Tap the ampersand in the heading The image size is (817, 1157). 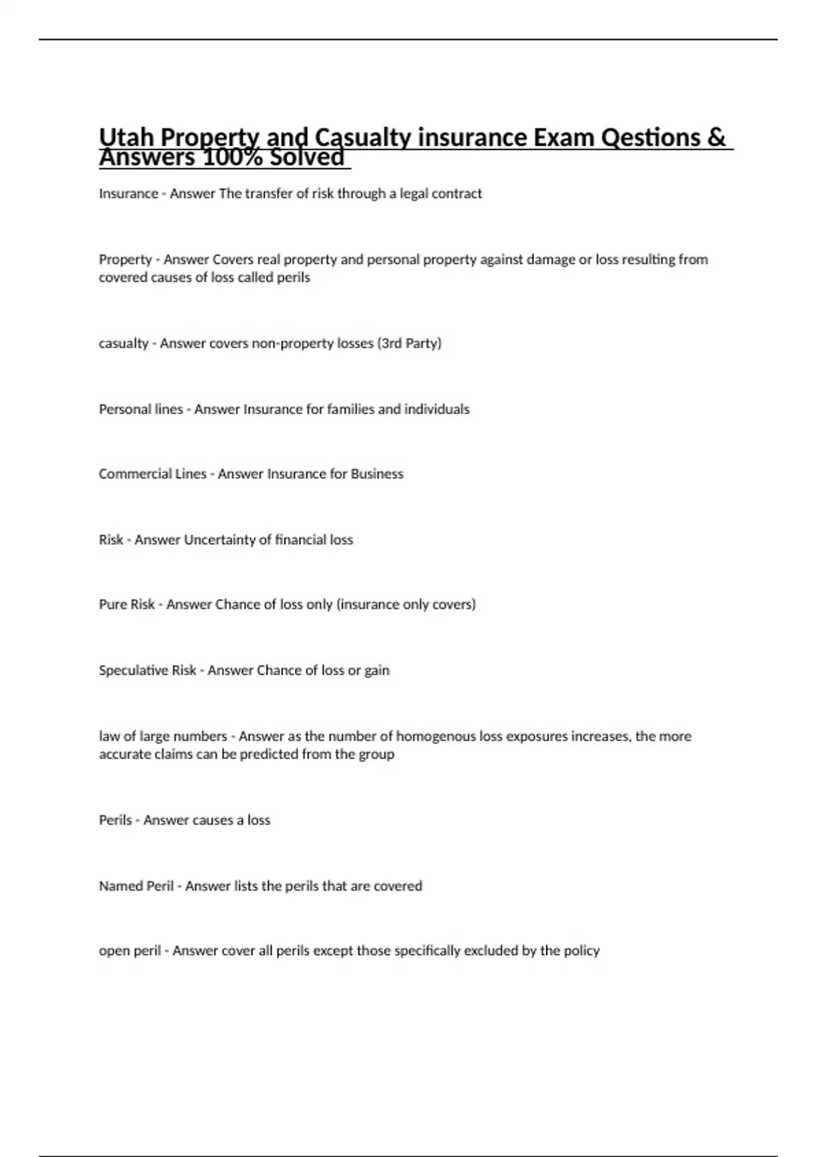coord(716,137)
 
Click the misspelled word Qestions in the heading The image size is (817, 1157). coord(651,137)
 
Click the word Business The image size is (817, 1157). coord(377,474)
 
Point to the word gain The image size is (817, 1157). coord(377,670)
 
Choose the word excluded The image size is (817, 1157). coord(491,951)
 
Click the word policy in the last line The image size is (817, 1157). coord(582,951)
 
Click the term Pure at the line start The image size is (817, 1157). coord(112,604)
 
